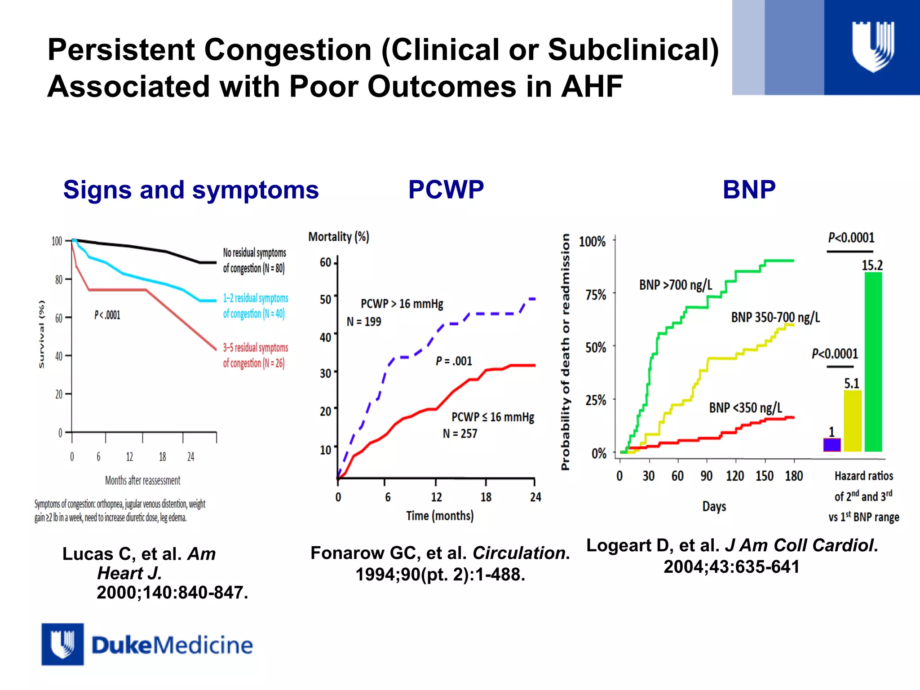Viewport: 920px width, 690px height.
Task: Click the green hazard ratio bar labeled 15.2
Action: coord(873,362)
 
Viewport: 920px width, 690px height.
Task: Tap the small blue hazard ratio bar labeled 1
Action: coord(832,445)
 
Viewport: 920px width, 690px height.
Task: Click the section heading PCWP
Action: coord(446,189)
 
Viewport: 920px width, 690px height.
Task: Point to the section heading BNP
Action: coord(749,189)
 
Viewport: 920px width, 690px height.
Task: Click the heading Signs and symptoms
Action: coord(191,190)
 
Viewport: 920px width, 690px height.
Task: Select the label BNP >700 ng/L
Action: coord(676,285)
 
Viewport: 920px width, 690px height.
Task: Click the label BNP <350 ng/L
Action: coord(745,407)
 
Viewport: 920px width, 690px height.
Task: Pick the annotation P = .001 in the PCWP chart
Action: coord(454,361)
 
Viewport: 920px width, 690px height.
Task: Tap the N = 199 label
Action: coord(364,322)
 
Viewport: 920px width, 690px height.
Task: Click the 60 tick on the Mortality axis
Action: coord(326,262)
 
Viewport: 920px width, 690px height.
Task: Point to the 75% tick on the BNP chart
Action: coord(596,295)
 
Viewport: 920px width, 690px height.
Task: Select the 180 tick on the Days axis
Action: coord(794,476)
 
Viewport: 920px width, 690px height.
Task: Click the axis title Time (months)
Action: coord(440,516)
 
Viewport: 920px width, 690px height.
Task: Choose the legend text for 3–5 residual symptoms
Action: coord(255,355)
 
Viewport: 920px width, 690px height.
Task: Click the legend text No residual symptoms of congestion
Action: coord(254,260)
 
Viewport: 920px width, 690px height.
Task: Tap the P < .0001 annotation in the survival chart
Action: coord(107,315)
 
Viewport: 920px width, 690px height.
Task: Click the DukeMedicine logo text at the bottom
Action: coord(172,645)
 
